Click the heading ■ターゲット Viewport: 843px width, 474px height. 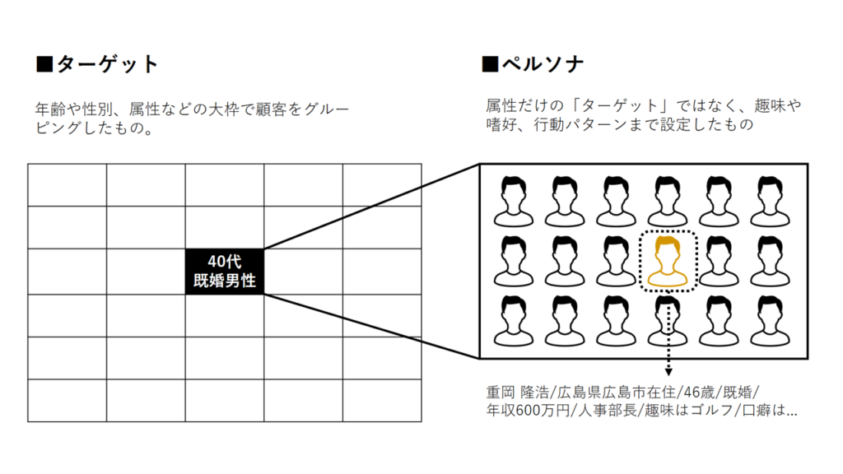(97, 64)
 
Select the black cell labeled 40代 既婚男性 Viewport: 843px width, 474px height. (224, 272)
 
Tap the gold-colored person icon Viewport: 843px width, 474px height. (668, 263)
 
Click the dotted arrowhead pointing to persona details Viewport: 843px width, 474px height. (668, 373)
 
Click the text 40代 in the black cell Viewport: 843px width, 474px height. (224, 262)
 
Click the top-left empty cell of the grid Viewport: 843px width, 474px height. (67, 185)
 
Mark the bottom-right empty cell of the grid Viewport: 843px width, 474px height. (382, 401)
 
